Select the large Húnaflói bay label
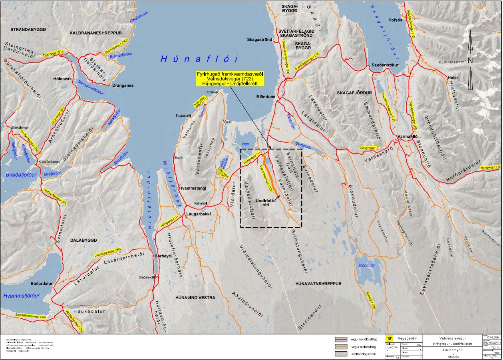(199, 59)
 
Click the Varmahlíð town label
(408, 137)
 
